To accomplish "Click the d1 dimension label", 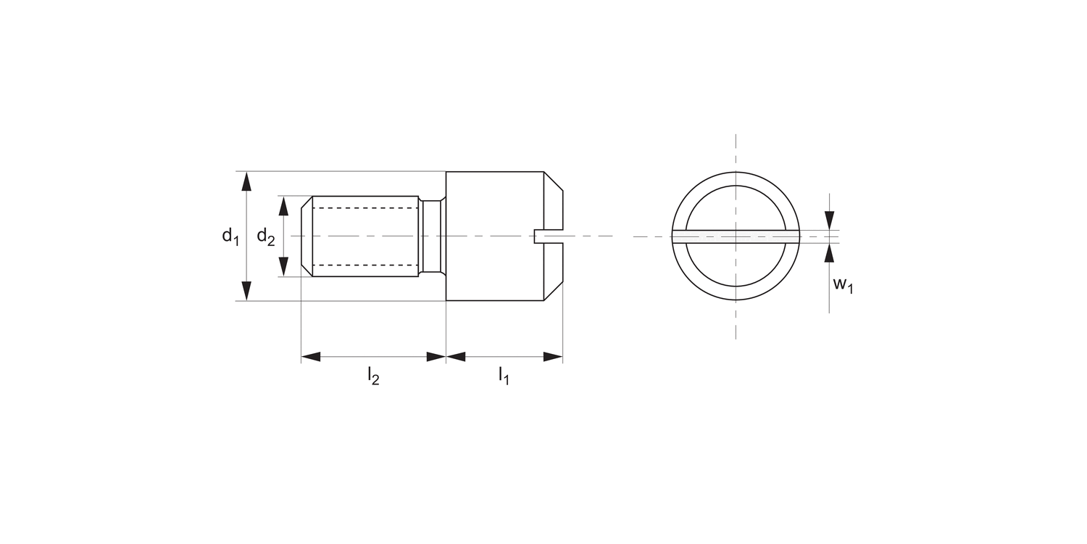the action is pyautogui.click(x=230, y=236).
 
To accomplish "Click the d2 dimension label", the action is pyautogui.click(x=266, y=236).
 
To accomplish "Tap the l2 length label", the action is pyautogui.click(x=373, y=376).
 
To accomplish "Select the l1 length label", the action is pyautogui.click(x=504, y=376).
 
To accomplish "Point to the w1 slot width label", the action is pyautogui.click(x=843, y=285).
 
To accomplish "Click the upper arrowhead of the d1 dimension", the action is pyautogui.click(x=247, y=181).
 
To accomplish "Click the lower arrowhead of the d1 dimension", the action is pyautogui.click(x=247, y=291).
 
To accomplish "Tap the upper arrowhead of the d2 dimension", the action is pyautogui.click(x=283, y=205).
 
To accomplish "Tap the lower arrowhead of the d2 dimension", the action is pyautogui.click(x=283, y=267).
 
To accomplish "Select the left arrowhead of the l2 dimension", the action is pyautogui.click(x=311, y=357).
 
